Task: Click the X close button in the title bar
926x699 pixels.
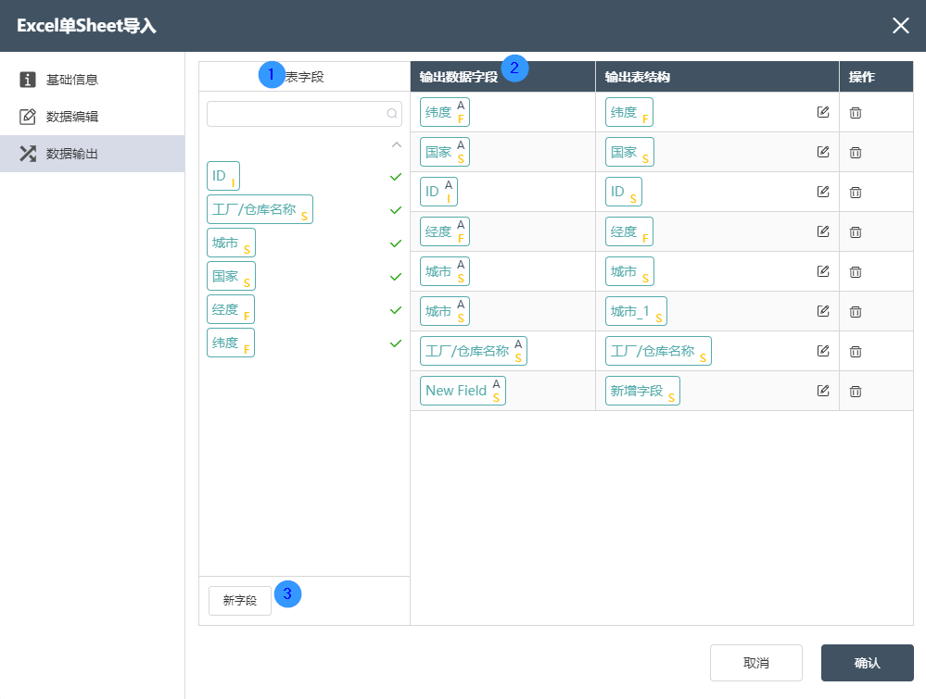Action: coord(901,25)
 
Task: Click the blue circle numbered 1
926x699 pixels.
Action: coord(272,75)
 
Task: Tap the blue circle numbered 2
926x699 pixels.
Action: coord(514,69)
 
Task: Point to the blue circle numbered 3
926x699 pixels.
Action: coord(287,594)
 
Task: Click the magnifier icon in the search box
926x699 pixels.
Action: coord(391,113)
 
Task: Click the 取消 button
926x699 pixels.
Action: coord(756,663)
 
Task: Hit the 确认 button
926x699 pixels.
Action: coord(867,663)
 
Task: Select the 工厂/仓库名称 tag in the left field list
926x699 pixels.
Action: coord(260,209)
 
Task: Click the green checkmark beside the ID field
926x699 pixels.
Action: coord(396,177)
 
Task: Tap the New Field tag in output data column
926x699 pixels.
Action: coord(463,391)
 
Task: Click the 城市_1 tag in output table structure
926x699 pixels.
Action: coord(636,311)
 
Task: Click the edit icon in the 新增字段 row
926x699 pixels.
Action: coord(823,391)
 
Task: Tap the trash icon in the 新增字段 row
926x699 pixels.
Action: coord(856,391)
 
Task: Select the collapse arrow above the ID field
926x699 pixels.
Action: coord(397,144)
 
